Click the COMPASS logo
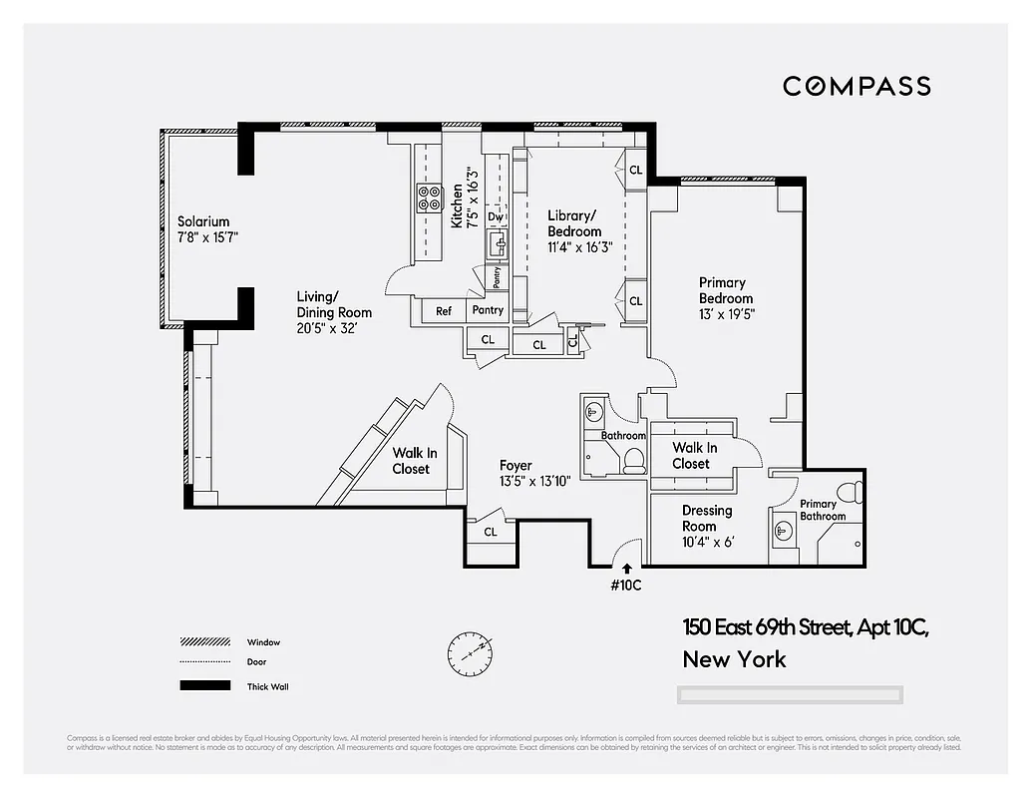[x=857, y=86]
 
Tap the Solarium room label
[x=203, y=221]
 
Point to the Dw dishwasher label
[x=496, y=216]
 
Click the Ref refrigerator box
[x=444, y=311]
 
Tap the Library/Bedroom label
[x=574, y=223]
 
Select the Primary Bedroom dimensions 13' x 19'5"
[x=726, y=313]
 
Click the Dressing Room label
[x=707, y=518]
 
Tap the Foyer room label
[x=515, y=465]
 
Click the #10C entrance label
[x=625, y=586]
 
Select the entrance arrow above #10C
[x=626, y=568]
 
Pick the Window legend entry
[x=263, y=642]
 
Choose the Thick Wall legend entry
[x=267, y=686]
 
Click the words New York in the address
[x=734, y=659]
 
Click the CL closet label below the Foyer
[x=491, y=532]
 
